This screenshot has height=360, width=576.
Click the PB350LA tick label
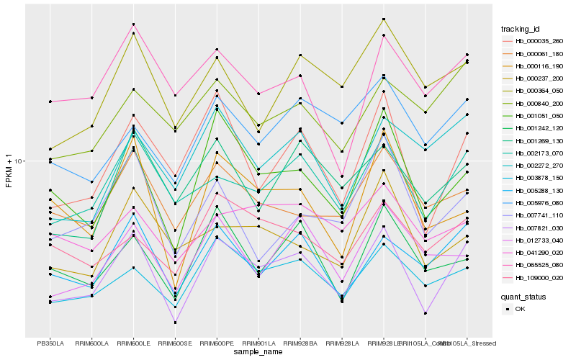point(50,343)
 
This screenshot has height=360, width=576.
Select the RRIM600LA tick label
point(91,343)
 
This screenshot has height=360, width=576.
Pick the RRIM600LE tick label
point(133,343)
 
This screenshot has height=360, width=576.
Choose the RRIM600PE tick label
point(217,343)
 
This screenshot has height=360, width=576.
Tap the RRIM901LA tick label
point(258,343)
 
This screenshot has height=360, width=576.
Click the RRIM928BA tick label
point(300,343)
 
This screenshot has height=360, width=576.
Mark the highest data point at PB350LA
point(50,102)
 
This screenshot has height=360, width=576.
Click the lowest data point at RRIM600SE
point(175,322)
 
